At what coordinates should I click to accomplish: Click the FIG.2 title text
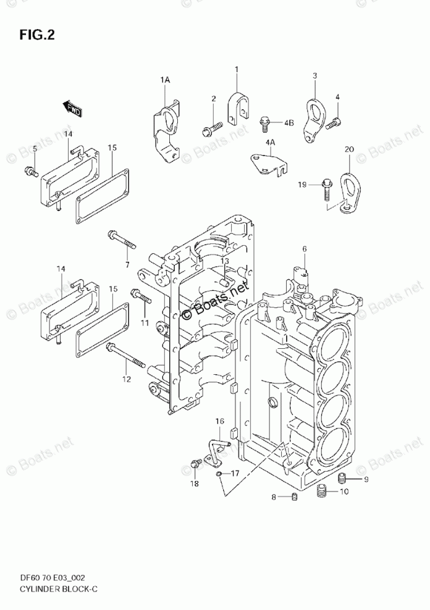tap(37, 35)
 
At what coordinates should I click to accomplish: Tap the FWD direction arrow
tap(74, 109)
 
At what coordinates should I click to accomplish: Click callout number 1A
tap(165, 80)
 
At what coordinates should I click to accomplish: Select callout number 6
tap(305, 249)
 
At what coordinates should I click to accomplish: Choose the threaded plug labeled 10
tap(320, 491)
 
